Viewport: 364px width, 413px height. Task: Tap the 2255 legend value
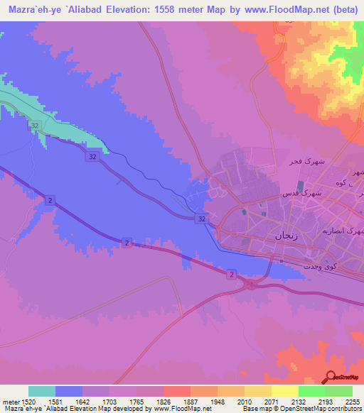[352, 401]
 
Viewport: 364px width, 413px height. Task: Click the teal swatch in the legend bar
[41, 391]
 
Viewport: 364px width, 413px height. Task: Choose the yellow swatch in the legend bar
[284, 391]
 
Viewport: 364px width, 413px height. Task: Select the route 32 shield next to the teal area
[34, 126]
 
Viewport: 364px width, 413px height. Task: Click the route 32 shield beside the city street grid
[203, 219]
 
